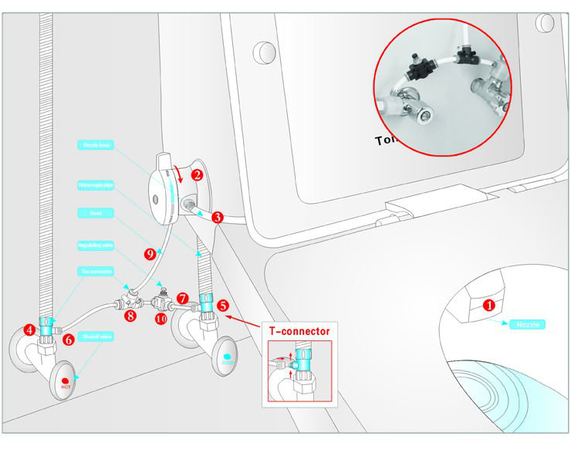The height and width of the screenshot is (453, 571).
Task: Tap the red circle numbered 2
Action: click(x=197, y=175)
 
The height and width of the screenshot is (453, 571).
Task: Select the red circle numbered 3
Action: click(x=218, y=218)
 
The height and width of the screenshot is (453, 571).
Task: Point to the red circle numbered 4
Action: click(x=29, y=330)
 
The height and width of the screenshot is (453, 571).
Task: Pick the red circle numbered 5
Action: click(x=222, y=305)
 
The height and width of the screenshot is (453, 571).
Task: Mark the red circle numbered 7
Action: click(x=182, y=297)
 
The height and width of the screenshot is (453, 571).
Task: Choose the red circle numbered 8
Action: click(x=130, y=315)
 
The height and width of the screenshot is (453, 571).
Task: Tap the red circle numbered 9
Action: click(x=150, y=252)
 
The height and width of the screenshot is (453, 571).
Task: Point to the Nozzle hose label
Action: click(x=96, y=144)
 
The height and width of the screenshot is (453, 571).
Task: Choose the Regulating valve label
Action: click(x=96, y=245)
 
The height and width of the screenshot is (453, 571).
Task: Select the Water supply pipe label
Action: click(x=96, y=184)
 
